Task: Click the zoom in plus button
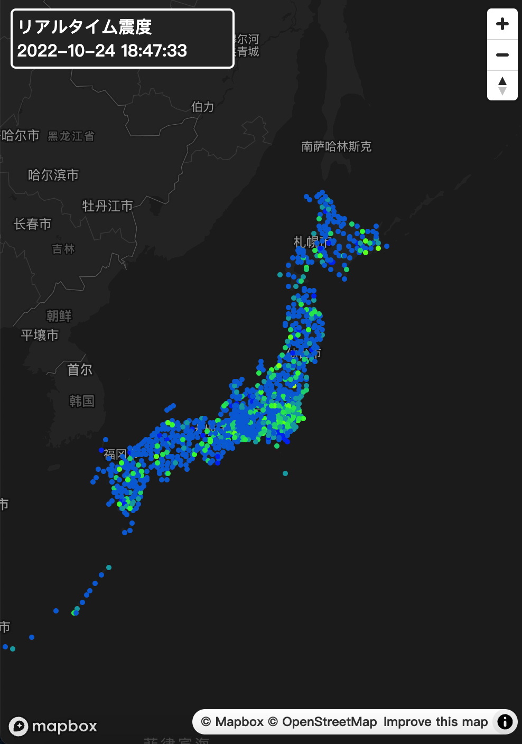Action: pos(502,24)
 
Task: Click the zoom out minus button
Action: pos(502,55)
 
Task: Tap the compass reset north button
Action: pos(502,85)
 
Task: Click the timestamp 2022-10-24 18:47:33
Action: pos(102,51)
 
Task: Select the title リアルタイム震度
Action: pos(85,26)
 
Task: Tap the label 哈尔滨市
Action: pos(53,175)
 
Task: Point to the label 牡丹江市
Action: pos(107,206)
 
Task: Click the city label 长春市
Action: pos(32,224)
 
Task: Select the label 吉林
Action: pos(63,248)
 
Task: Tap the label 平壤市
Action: pos(40,335)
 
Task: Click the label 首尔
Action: pos(80,369)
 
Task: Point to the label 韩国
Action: pos(82,401)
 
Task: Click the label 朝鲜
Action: pos(59,315)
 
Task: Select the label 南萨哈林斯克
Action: pos(337,146)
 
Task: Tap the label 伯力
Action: pos(203,107)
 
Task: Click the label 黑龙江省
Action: pos(71,136)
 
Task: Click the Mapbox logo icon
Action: pos(18,726)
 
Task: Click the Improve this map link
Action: pos(435,722)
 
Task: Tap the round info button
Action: pos(505,722)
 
